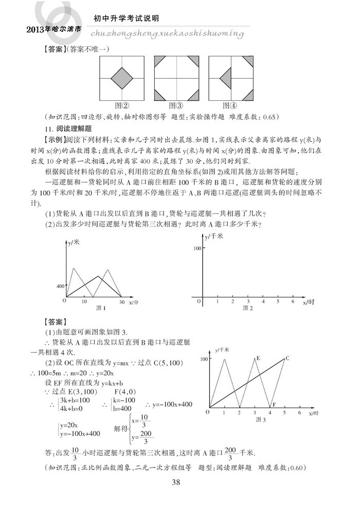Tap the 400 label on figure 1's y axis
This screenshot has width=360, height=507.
(x=60, y=286)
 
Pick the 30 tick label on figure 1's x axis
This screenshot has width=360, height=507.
(x=122, y=302)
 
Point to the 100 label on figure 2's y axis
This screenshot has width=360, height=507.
(x=196, y=248)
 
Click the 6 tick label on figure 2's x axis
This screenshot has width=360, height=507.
(x=293, y=302)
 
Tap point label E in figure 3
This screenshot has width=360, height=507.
(x=258, y=357)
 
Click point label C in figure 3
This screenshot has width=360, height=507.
(x=287, y=357)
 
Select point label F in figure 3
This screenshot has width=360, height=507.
(x=274, y=405)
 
